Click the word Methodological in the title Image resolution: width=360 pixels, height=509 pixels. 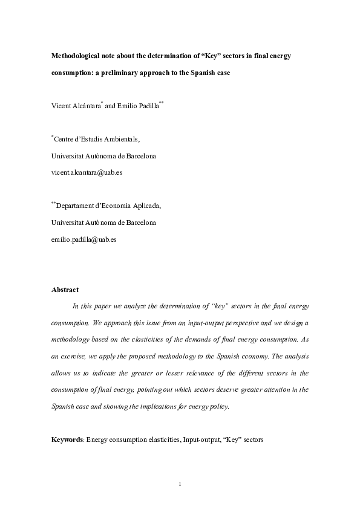(75, 56)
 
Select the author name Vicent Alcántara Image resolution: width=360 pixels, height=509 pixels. (76, 106)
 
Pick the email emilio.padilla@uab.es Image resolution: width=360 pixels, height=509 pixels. (84, 239)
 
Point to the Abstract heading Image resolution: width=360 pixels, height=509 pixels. (65, 290)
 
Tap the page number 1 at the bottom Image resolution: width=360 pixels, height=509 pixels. (180, 484)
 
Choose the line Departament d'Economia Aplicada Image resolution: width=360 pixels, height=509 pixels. (108, 206)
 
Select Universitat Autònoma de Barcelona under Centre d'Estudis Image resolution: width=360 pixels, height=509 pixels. (103, 156)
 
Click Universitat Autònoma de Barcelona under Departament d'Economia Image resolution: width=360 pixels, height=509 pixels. (103, 222)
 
